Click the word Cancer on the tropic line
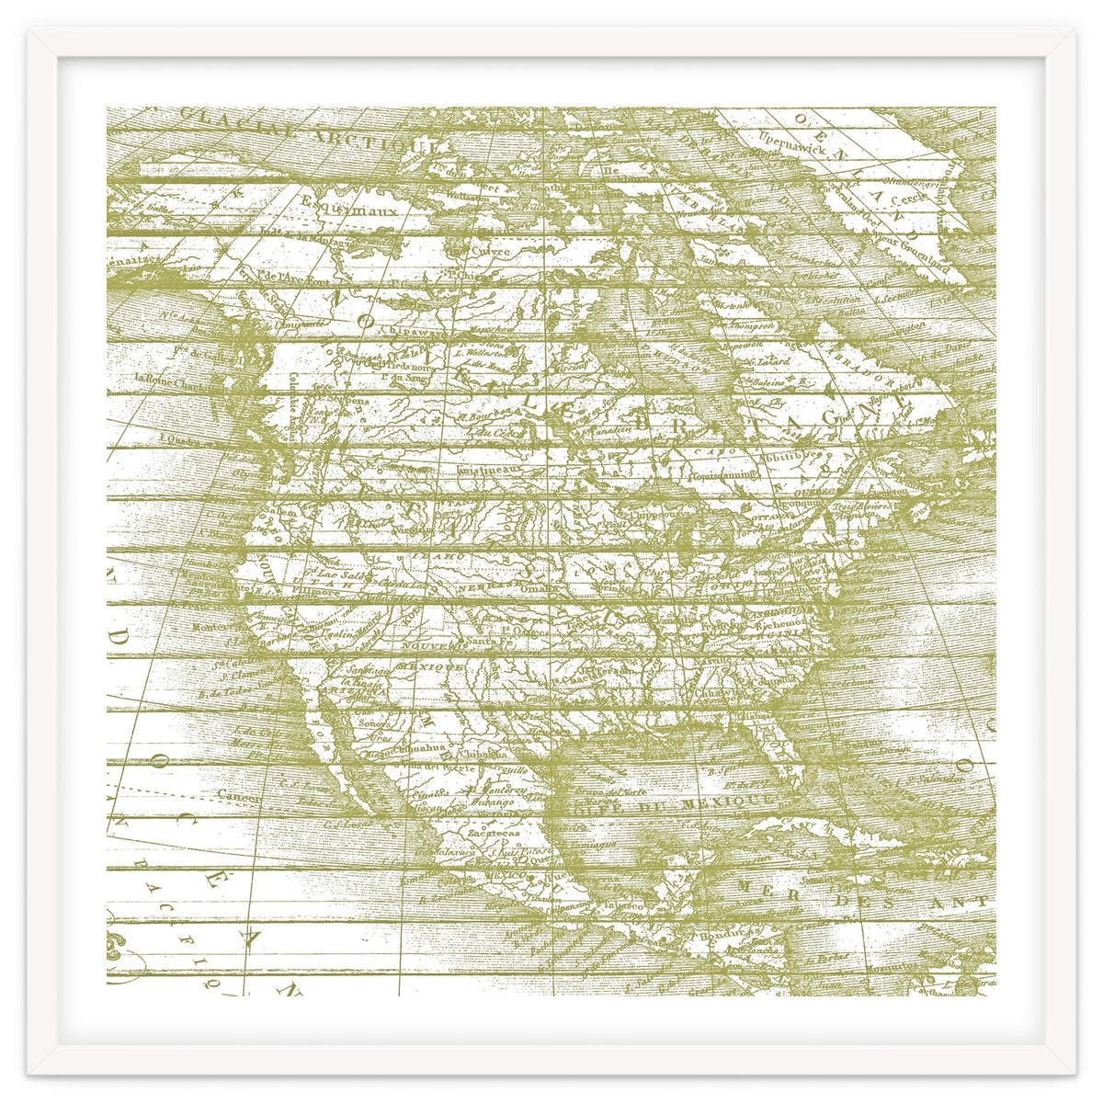coord(240,798)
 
